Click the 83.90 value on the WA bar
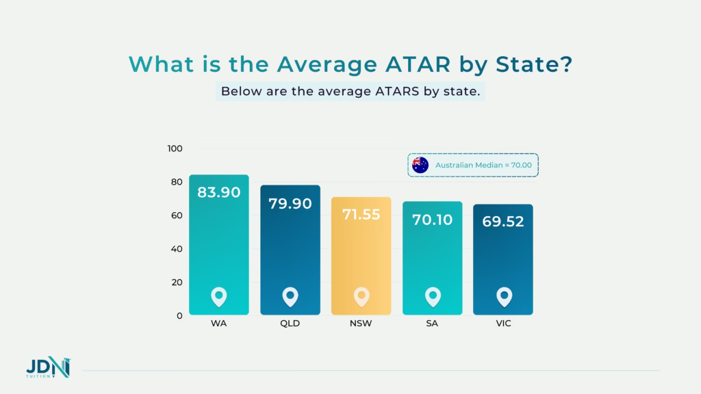pos(219,193)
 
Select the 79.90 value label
pos(290,204)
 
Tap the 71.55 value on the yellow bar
pos(361,215)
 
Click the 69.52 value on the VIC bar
pos(503,222)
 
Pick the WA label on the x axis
pos(219,324)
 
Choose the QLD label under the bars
pos(290,324)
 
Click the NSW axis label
pos(361,324)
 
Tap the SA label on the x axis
pos(433,324)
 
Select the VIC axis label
pos(503,324)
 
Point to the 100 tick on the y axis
pos(175,148)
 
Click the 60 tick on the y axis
pos(177,215)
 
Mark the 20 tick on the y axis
pos(177,283)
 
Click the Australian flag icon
pos(420,165)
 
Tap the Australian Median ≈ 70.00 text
pos(482,165)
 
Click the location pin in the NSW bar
pos(361,297)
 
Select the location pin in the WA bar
pos(219,297)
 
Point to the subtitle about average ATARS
pos(350,92)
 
